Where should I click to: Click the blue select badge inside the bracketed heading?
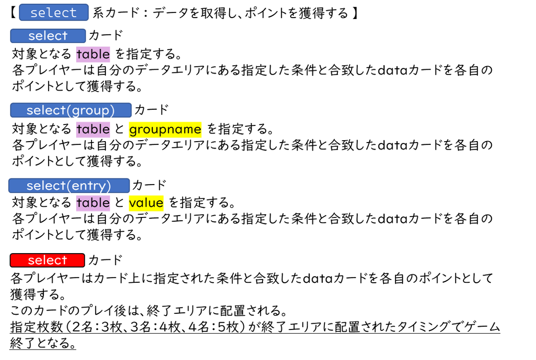coord(53,12)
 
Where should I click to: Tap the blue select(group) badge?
coord(71,110)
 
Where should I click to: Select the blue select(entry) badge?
coord(69,185)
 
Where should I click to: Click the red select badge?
coord(47,260)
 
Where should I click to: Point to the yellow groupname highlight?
coord(165,130)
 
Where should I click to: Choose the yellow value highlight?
coord(146,203)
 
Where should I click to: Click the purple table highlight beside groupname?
coord(93,129)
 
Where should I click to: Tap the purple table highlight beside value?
coord(93,203)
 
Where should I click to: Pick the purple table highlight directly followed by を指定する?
coord(93,54)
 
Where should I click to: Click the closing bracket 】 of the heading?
coord(354,13)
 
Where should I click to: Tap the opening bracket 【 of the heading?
coord(13,13)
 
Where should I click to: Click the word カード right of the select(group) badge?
coord(151,110)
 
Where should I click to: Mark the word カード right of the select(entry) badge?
coord(149,185)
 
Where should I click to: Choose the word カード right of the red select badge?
coord(106,260)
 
